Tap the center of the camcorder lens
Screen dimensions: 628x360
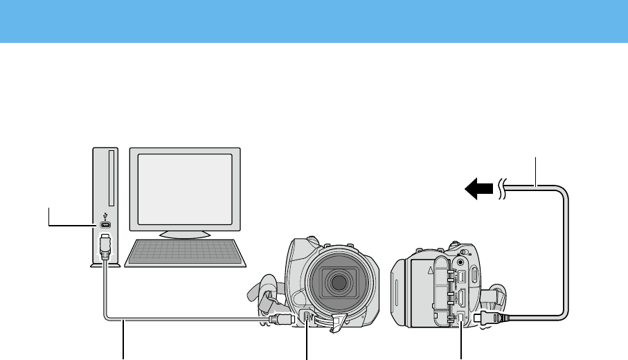(x=339, y=282)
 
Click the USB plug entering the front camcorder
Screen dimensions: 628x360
(x=282, y=319)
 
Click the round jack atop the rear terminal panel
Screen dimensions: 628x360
(x=460, y=262)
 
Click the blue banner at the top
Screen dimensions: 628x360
(x=314, y=21)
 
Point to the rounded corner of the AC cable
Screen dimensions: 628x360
(x=564, y=191)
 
